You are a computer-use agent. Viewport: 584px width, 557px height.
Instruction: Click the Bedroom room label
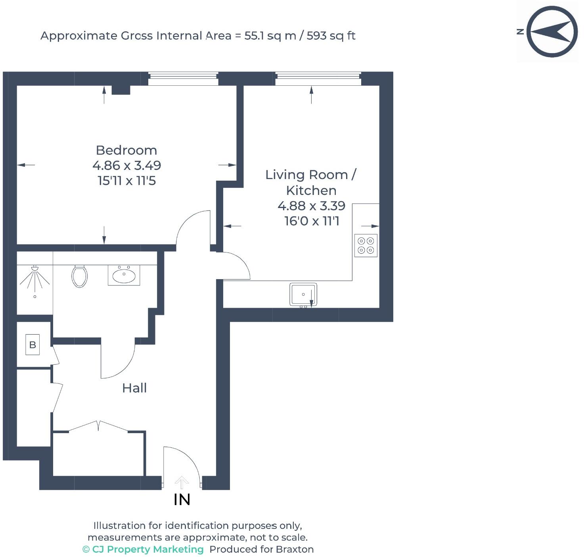[126, 150]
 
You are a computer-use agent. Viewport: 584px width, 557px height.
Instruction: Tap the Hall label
[134, 388]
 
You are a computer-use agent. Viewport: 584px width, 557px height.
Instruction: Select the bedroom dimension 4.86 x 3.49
[126, 166]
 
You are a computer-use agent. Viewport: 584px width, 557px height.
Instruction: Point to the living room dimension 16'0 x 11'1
[312, 221]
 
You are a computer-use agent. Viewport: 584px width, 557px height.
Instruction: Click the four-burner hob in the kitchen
[366, 245]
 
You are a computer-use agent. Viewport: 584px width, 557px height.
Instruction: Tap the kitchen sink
[303, 295]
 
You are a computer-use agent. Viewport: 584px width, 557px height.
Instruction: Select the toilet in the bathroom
[79, 276]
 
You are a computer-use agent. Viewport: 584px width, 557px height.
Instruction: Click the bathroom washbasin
[124, 275]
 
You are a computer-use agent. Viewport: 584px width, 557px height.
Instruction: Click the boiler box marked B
[33, 345]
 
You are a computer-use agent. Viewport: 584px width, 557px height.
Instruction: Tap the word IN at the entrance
[182, 500]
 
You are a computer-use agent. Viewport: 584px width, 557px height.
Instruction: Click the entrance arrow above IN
[182, 483]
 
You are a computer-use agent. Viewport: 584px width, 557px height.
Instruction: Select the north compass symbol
[551, 31]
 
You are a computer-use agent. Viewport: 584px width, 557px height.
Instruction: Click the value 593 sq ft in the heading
[331, 36]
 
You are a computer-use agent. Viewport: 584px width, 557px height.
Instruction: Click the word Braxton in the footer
[295, 549]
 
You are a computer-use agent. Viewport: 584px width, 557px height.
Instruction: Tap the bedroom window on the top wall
[183, 79]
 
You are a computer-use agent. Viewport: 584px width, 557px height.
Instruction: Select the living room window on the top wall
[318, 79]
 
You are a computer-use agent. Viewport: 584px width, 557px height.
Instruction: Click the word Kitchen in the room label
[311, 191]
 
